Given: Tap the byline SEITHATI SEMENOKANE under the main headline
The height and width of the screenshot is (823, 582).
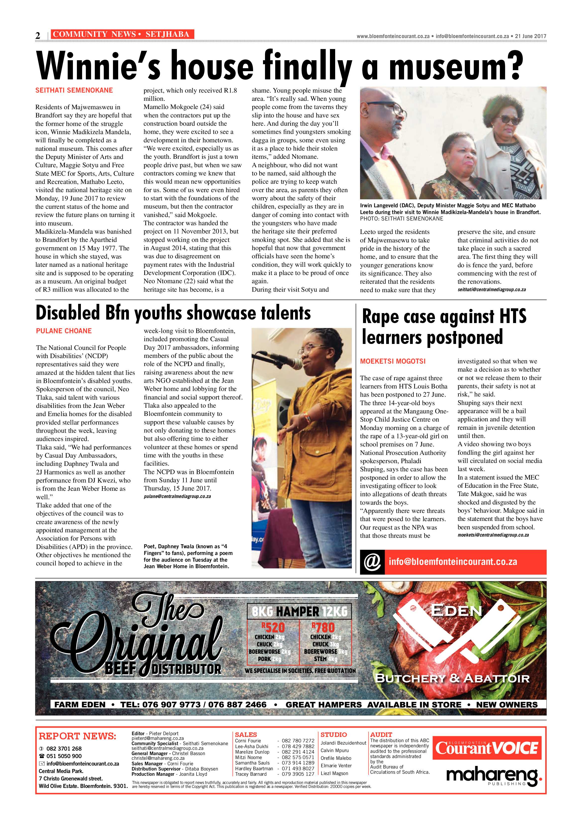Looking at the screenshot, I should [x=74, y=90].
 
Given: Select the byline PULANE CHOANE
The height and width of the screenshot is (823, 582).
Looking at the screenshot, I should [x=64, y=331].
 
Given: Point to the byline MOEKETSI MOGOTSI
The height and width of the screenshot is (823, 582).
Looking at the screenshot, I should [x=393, y=361].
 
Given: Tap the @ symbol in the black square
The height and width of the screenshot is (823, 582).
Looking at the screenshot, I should [x=372, y=562].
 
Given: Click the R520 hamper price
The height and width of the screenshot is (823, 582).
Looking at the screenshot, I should [x=273, y=627].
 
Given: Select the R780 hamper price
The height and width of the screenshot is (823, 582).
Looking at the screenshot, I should [x=323, y=627].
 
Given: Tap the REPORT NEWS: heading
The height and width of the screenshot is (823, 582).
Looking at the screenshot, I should [x=77, y=736].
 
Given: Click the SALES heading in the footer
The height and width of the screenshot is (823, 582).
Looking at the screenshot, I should [x=246, y=734].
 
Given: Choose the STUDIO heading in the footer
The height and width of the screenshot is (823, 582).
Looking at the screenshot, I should [x=333, y=734].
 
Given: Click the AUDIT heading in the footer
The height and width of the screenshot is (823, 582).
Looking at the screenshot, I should [x=381, y=734].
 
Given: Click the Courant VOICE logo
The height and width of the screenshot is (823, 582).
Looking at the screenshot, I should [x=487, y=748].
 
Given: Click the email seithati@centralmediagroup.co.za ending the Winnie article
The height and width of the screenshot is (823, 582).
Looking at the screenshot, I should [x=491, y=290].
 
